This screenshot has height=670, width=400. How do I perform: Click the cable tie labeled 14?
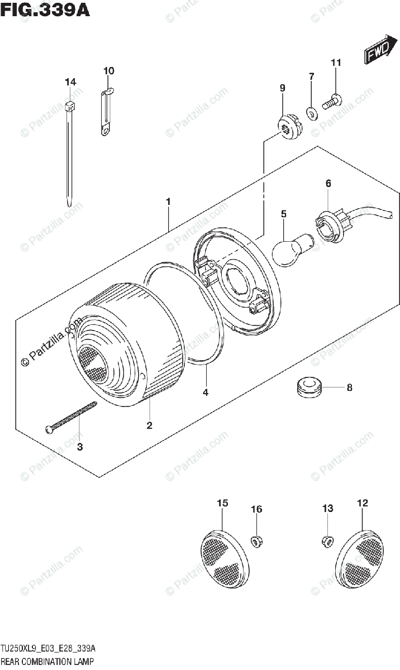(x=69, y=151)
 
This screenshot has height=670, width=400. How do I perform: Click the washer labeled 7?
(x=311, y=109)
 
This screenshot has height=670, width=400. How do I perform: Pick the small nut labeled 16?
(x=256, y=540)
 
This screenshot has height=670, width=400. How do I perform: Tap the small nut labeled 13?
(x=326, y=540)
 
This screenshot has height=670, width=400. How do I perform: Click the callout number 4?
(x=206, y=393)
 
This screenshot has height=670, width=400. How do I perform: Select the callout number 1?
(x=168, y=201)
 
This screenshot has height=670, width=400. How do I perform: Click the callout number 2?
(x=149, y=426)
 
